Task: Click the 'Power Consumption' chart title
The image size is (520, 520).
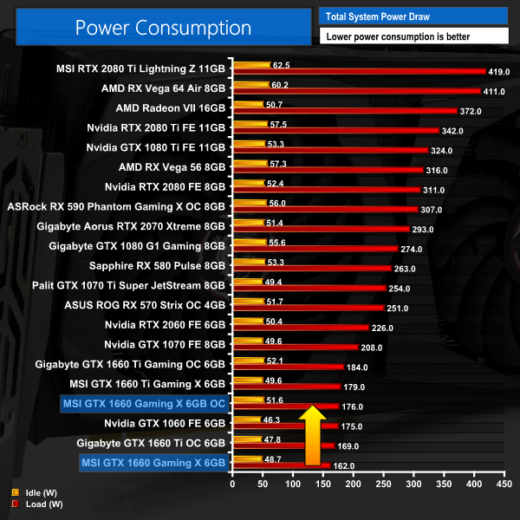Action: [x=163, y=27]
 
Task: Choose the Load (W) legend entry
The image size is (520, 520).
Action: [x=33, y=504]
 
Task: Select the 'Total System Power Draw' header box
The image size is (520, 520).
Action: [x=413, y=16]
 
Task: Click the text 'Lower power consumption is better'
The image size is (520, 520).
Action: [x=413, y=36]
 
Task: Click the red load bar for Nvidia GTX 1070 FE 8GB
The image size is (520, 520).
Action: [x=295, y=347]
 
